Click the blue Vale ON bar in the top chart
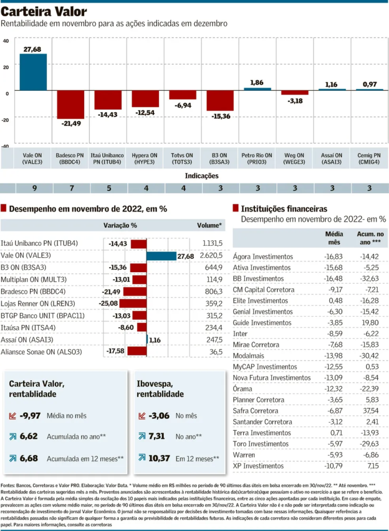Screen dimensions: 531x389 click(33, 72)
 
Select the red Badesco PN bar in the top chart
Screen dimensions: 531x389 click(70, 104)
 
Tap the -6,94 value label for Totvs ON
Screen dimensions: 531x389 click(182, 105)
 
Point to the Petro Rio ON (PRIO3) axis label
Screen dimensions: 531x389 click(257, 158)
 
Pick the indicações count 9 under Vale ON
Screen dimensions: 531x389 click(34, 188)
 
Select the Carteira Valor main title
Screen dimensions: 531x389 click(44, 11)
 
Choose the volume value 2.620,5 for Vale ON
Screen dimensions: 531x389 click(211, 256)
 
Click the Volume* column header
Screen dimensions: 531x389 click(209, 226)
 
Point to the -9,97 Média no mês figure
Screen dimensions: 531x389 click(31, 415)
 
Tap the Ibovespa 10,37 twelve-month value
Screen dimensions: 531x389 click(160, 458)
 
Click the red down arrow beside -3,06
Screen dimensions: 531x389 click(141, 415)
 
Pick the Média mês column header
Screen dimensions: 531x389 click(333, 238)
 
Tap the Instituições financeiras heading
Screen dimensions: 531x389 click(284, 209)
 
